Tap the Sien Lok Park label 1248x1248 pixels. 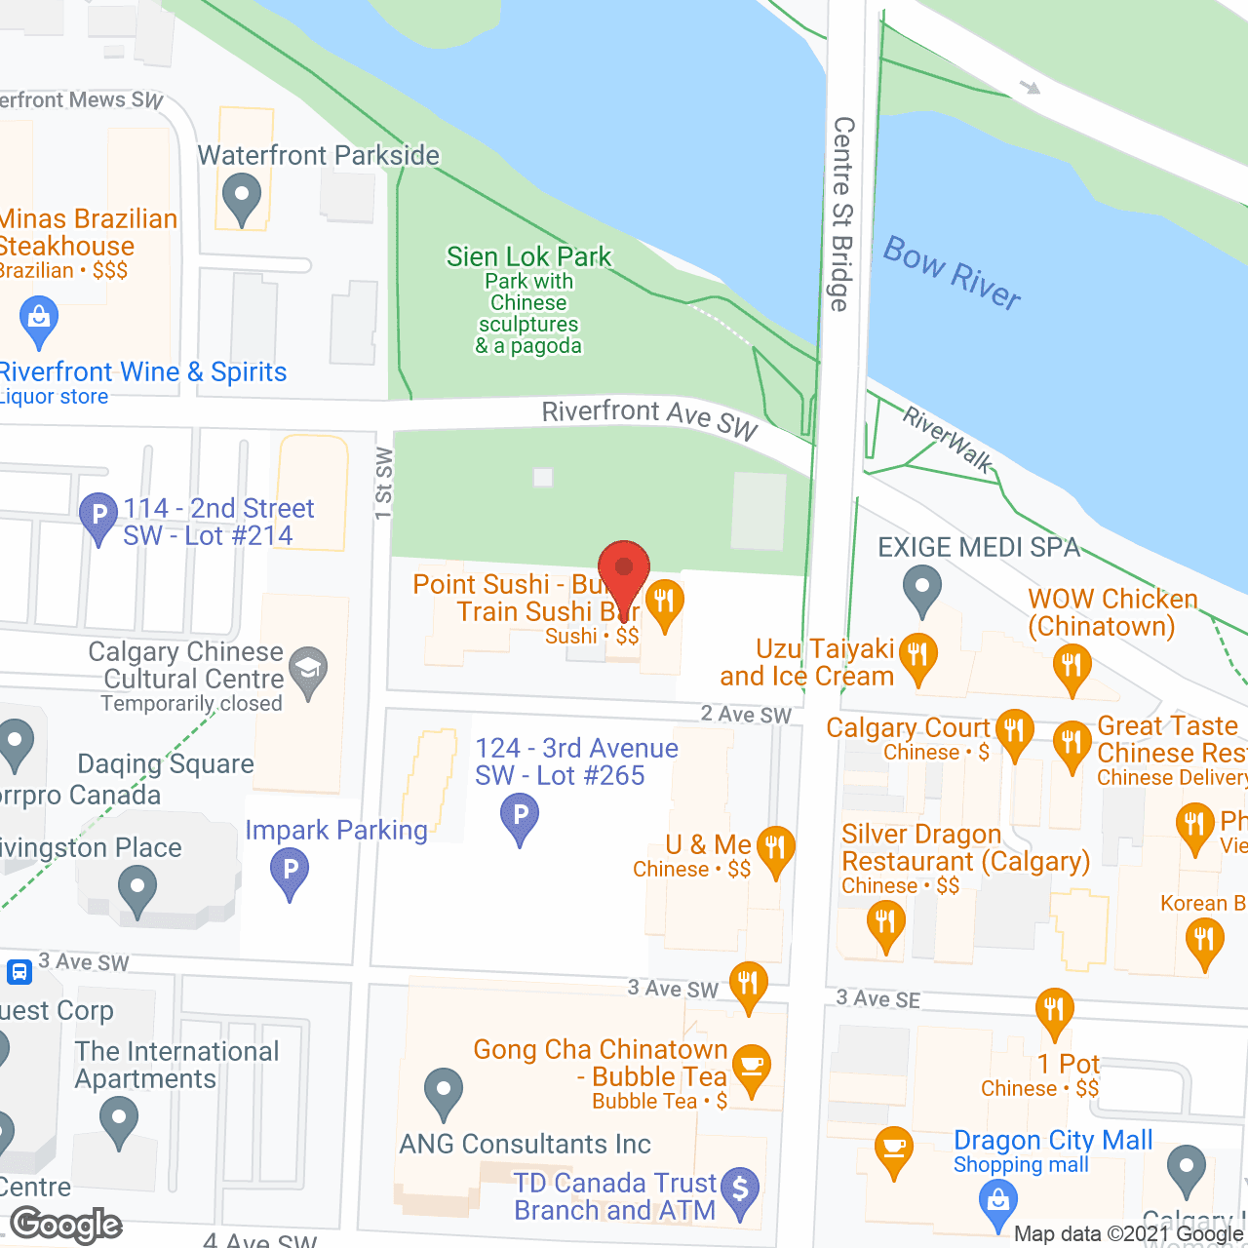[528, 256]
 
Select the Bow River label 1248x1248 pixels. [952, 273]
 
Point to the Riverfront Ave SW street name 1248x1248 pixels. [649, 418]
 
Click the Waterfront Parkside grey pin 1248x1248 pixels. [241, 198]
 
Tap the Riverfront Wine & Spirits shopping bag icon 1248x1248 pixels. [39, 321]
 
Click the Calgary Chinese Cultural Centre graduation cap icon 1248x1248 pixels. [309, 671]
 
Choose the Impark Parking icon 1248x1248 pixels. [290, 871]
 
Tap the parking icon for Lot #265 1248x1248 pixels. [520, 816]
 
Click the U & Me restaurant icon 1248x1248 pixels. [775, 849]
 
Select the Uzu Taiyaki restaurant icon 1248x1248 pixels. [917, 656]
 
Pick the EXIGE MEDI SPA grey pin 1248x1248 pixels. [921, 588]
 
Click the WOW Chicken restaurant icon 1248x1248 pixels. [1072, 668]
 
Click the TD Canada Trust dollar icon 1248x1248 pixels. [740, 1190]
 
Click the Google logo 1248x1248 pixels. [66, 1225]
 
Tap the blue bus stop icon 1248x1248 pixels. [19, 971]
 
